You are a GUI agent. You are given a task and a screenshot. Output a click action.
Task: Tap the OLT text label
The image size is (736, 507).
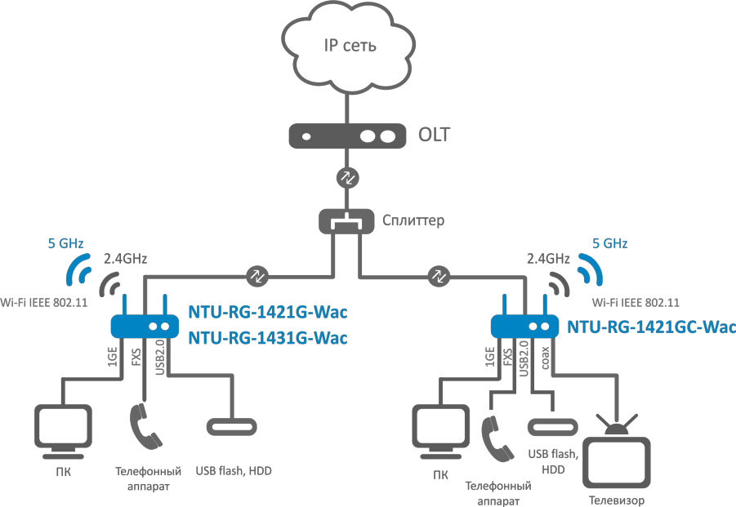pyautogui.click(x=435, y=135)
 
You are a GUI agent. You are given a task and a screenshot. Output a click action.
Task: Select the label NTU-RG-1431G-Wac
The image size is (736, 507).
pyautogui.click(x=268, y=337)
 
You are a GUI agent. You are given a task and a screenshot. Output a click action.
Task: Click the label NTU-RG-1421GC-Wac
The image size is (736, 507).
pyautogui.click(x=651, y=327)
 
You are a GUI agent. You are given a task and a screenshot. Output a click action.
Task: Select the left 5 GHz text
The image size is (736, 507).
pyautogui.click(x=65, y=242)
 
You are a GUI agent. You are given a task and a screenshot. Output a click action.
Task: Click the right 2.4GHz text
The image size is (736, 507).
pyautogui.click(x=548, y=259)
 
